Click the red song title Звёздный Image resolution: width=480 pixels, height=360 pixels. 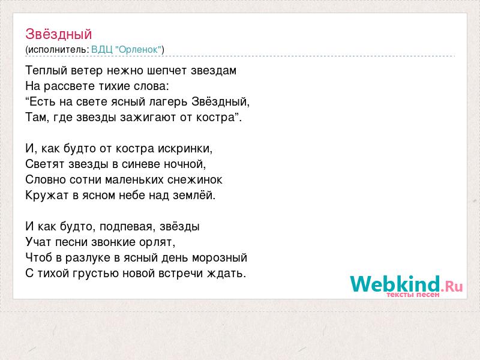[x=58, y=34]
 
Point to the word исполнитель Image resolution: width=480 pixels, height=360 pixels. [x=58, y=50]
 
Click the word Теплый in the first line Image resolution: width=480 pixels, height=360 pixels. [x=47, y=71]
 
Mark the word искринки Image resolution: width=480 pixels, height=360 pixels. [x=185, y=149]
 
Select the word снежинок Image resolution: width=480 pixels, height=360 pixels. [x=194, y=179]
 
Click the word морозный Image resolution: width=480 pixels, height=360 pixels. [x=220, y=258]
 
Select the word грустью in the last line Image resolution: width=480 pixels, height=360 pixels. [x=95, y=274]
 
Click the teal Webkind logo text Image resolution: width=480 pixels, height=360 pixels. [x=395, y=284]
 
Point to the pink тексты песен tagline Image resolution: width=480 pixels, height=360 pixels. [x=413, y=295]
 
